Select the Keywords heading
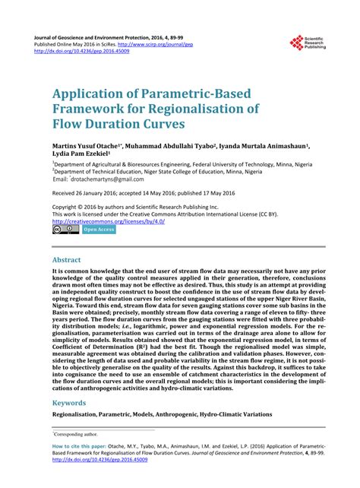(70, 403)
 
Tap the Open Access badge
(99, 229)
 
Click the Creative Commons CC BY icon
(65, 229)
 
